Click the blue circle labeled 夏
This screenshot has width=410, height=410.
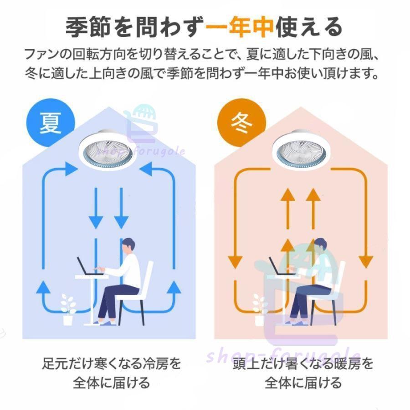point(51,123)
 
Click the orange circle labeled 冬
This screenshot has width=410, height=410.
point(242,123)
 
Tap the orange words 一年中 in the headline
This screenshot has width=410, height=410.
point(240,27)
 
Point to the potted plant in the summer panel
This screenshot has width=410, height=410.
point(68,309)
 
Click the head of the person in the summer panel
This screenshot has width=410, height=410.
point(128,246)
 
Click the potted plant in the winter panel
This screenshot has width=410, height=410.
point(260,309)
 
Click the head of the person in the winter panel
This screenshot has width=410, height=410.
point(321,246)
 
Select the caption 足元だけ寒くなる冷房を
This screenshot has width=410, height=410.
point(112,363)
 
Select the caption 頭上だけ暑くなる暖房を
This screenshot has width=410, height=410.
point(303,363)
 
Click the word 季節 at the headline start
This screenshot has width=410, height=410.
point(88,27)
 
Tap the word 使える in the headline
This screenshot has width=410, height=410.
point(309,27)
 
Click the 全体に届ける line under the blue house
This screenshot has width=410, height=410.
point(112,383)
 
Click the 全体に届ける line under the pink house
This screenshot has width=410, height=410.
point(303,383)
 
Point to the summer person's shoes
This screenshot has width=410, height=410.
point(105,323)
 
